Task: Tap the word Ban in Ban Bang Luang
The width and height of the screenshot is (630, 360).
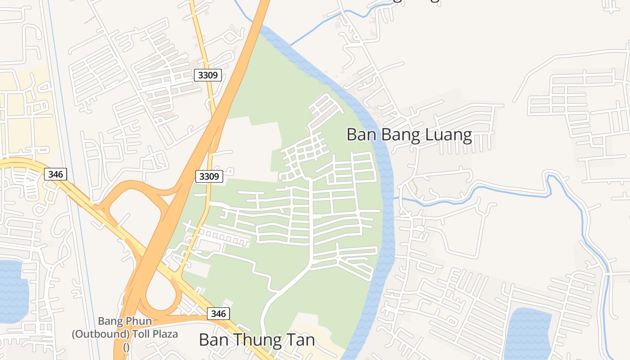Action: (360, 135)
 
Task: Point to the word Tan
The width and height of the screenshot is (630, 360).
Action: (302, 340)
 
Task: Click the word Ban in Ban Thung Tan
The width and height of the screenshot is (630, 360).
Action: (212, 340)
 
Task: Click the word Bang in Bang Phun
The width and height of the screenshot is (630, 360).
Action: (110, 322)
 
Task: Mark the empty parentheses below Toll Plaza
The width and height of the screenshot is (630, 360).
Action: (126, 347)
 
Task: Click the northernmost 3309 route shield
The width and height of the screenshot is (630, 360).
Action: (208, 75)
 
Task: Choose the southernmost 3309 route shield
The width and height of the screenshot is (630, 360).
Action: (209, 176)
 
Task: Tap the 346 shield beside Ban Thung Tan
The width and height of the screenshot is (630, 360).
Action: (219, 313)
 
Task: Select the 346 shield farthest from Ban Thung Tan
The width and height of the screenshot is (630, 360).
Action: (55, 174)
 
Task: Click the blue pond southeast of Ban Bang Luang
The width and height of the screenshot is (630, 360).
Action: (527, 333)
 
